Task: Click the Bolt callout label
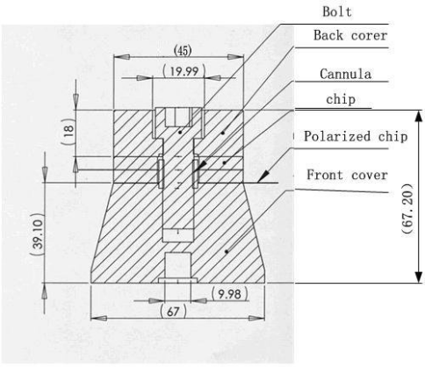tap(337, 11)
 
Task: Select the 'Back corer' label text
tap(350, 35)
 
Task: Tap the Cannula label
tap(346, 74)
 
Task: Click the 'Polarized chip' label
tap(356, 136)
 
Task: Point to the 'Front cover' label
tap(347, 175)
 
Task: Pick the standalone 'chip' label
tap(341, 99)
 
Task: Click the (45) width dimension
tap(183, 51)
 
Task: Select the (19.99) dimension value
tap(184, 71)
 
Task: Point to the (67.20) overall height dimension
tap(407, 209)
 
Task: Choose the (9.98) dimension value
tap(230, 294)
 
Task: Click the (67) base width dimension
tap(173, 312)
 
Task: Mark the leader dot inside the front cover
tap(227, 251)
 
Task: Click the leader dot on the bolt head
tap(180, 133)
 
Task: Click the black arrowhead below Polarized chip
tap(263, 176)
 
